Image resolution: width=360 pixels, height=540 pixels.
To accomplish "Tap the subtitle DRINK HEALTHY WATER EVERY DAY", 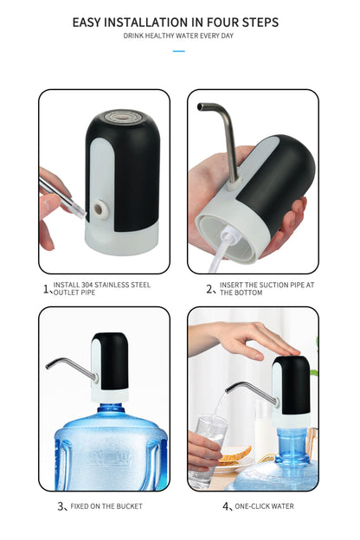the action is pos(178,35).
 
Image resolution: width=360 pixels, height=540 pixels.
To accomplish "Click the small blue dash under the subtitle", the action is pos(179,51).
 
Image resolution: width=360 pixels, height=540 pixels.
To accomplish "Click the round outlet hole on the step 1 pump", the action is pos(100,209).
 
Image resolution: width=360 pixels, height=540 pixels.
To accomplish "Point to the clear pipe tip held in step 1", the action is pos(80,211).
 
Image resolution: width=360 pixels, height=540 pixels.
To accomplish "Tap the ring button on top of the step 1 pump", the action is pos(121,116).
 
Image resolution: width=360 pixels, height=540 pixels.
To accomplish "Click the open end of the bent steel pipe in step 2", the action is pos(199,107).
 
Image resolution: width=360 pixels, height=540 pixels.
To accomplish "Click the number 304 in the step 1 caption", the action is pos(87,286).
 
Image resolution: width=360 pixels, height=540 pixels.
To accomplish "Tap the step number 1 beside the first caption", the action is pos(46,289).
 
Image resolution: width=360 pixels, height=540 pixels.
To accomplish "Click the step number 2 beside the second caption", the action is pos(209,289).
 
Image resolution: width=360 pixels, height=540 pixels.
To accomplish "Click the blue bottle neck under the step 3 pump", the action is pos(111,408).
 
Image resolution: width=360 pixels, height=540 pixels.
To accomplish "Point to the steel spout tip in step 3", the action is pos(48,367).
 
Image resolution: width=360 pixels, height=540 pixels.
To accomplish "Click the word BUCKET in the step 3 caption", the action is pos(129,506).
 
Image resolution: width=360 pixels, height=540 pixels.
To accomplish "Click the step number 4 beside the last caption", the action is pos(226,506).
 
